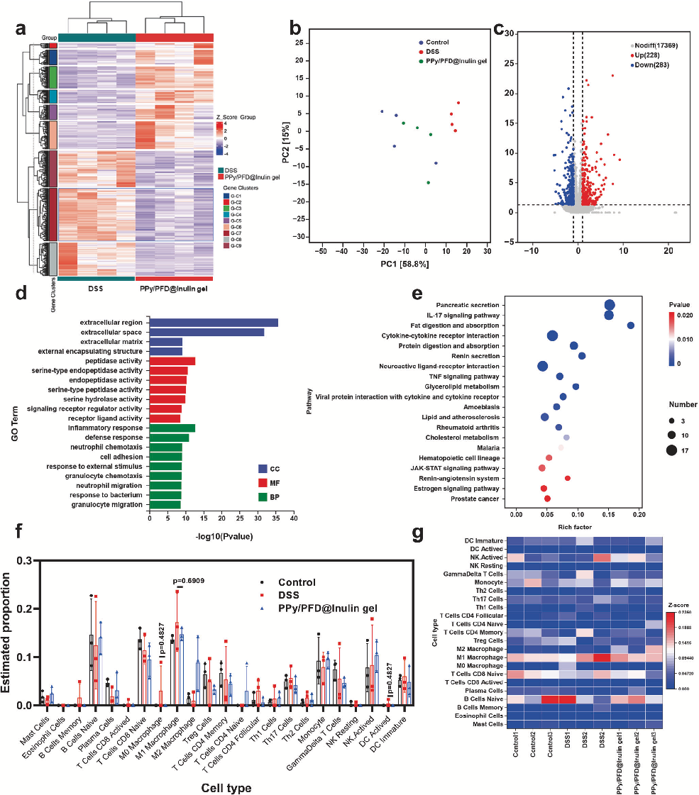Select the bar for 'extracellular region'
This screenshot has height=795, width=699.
click(214, 322)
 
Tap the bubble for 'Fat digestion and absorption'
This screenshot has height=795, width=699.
click(630, 326)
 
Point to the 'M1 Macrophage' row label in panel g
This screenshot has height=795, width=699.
click(483, 657)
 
